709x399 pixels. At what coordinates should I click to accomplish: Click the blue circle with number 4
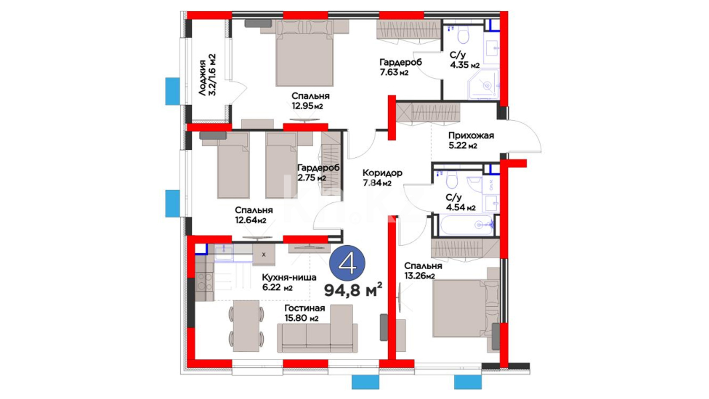(x=347, y=263)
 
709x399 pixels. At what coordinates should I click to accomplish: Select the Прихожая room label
(x=471, y=136)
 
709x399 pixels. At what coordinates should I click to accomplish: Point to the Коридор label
(x=382, y=173)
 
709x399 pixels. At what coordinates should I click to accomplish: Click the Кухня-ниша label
(x=289, y=277)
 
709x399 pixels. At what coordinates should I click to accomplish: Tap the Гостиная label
(x=305, y=308)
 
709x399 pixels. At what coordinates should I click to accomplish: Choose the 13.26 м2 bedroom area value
(x=419, y=276)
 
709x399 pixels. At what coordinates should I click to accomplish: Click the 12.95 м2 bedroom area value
(x=307, y=106)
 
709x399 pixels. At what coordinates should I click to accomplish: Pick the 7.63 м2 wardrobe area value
(x=394, y=72)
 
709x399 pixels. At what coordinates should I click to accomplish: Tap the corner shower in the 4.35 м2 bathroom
(x=483, y=85)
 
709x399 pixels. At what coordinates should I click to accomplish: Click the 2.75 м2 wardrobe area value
(x=312, y=178)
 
